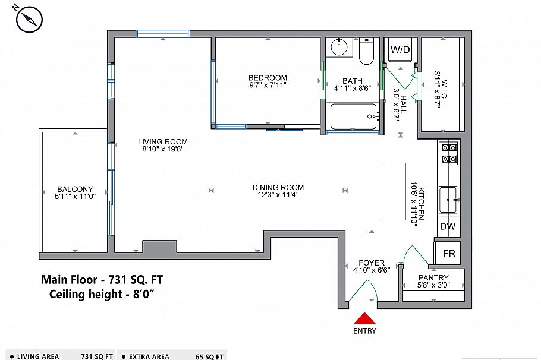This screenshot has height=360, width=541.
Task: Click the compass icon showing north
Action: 27,20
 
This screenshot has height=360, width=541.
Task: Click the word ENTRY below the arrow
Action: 364,331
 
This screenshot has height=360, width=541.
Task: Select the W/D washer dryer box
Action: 400,50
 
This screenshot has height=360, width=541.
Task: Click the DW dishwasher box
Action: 448,226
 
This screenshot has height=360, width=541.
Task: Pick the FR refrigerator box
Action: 449,254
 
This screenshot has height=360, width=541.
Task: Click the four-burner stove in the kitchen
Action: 448,153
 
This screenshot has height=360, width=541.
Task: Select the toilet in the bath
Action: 365,51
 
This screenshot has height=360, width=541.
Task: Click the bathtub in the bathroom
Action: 353,116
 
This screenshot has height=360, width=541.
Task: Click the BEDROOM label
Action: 268,78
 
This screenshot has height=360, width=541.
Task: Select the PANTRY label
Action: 433,277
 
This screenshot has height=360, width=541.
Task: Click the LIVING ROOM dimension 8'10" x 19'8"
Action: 163,150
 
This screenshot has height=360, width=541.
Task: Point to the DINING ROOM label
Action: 278,187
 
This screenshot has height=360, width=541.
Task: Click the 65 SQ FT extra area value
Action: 209,356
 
